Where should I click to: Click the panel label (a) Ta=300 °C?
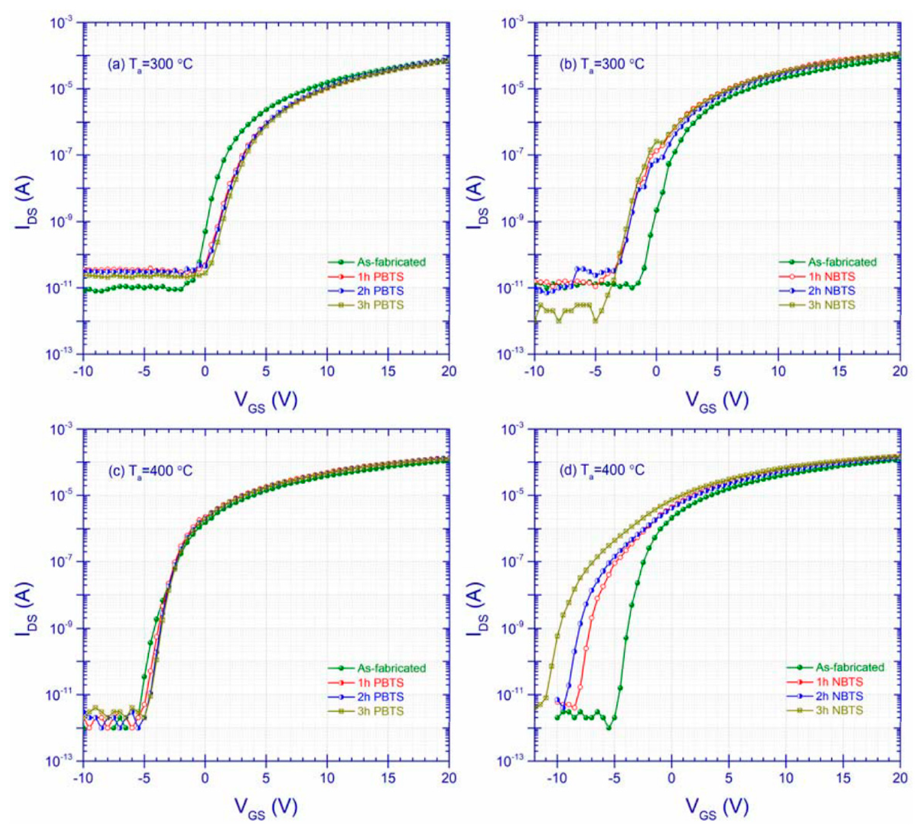(150, 64)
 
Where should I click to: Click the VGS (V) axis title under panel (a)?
(266, 402)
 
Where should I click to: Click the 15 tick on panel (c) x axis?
(388, 778)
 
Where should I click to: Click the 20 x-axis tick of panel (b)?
(899, 372)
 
